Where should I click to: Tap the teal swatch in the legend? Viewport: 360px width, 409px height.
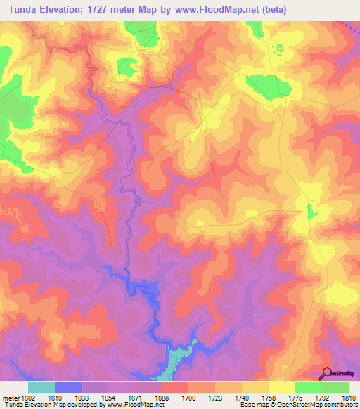click(x=41, y=387)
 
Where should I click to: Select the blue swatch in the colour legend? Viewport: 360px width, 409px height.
click(x=68, y=387)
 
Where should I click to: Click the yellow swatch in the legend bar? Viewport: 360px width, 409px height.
click(x=282, y=387)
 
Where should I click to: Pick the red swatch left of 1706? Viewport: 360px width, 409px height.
click(x=175, y=387)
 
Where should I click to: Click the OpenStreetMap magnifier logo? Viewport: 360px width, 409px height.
click(x=328, y=373)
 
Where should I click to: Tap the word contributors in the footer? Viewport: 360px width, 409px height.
click(x=340, y=404)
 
